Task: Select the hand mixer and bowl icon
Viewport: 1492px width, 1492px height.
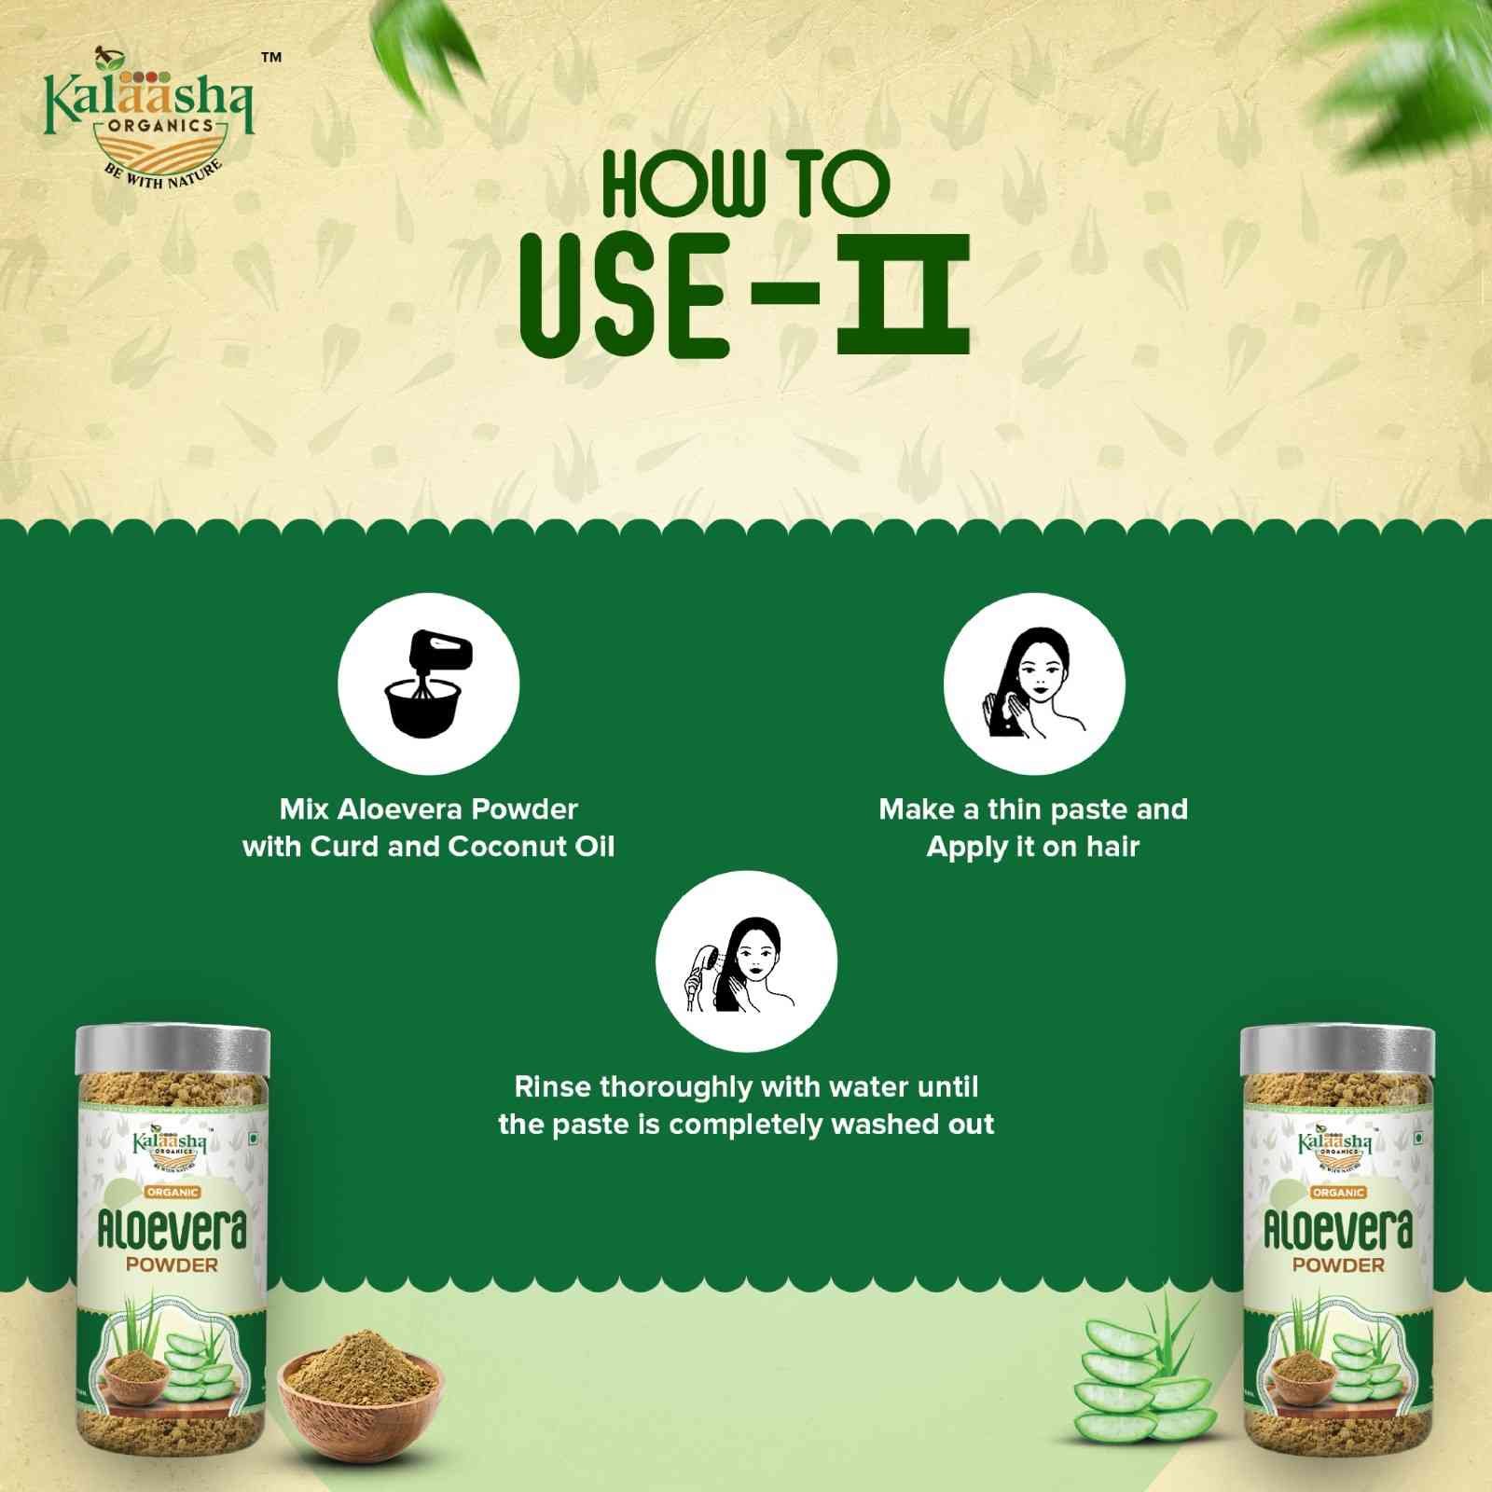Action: coord(429,684)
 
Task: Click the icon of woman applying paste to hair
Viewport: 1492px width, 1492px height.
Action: coord(1034,684)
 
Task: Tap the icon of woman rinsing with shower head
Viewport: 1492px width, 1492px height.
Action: coord(746,961)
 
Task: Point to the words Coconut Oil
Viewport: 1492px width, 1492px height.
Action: coord(532,847)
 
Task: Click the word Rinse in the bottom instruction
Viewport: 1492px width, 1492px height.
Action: coord(554,1087)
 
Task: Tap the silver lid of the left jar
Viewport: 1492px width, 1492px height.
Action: coord(173,1048)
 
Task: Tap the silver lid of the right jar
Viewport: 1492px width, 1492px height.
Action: coord(1338,1048)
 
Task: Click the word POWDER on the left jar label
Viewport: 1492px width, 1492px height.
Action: coord(172,1265)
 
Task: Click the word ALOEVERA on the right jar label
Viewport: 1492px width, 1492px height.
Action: coord(1338,1231)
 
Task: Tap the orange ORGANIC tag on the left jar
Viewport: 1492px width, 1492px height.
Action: coord(173,1192)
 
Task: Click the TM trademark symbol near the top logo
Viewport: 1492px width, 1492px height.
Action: coord(270,58)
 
